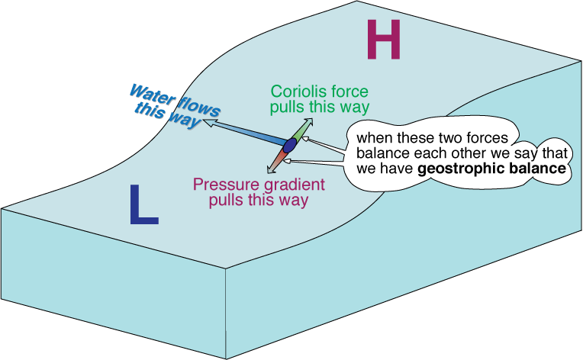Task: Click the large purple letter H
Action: coord(384,40)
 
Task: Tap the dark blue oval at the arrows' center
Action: coord(289,145)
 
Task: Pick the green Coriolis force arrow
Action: coord(301,130)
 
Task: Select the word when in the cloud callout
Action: coord(373,138)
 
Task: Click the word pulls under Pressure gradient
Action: coord(227,201)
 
